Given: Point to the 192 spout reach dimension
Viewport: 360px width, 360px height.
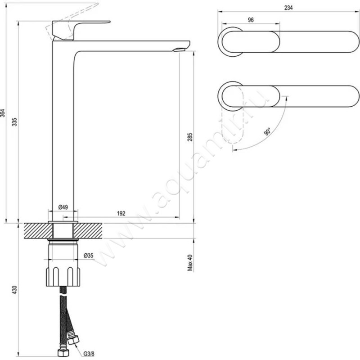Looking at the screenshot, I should (x=120, y=213).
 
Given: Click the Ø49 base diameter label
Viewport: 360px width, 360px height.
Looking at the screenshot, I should (x=63, y=207).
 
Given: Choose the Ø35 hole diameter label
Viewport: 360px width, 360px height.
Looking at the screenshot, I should (x=88, y=256).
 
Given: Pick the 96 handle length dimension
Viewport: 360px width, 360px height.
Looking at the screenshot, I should (x=251, y=20).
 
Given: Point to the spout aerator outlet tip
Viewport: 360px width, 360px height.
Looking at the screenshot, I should (x=180, y=49).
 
